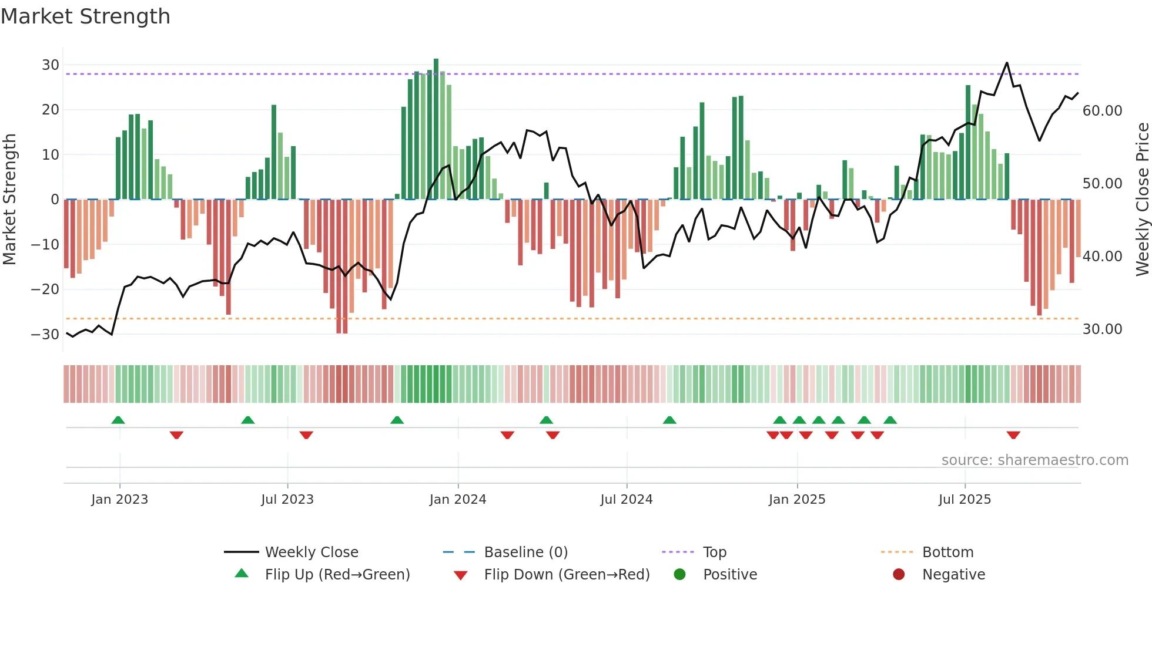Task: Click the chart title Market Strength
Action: click(x=85, y=16)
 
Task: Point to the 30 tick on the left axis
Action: click(x=51, y=65)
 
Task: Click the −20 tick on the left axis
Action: click(x=45, y=289)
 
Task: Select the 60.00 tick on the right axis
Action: click(x=1102, y=111)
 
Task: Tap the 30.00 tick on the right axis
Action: click(x=1102, y=329)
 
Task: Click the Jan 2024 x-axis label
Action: click(x=458, y=500)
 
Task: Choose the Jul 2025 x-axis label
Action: click(x=965, y=500)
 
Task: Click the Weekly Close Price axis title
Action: click(x=1142, y=200)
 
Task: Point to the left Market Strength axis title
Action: click(x=9, y=200)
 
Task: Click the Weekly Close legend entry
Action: click(x=311, y=552)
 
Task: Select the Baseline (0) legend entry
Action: click(x=525, y=552)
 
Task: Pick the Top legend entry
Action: click(x=714, y=552)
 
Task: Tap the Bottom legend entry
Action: click(x=947, y=552)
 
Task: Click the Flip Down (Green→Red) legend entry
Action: click(x=566, y=575)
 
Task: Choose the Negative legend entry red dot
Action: click(x=899, y=575)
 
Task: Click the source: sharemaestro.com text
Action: click(x=1034, y=460)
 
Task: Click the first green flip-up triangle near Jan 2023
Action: click(x=118, y=420)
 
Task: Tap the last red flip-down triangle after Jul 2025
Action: click(x=1013, y=435)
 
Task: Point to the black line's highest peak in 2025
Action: click(x=1007, y=63)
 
